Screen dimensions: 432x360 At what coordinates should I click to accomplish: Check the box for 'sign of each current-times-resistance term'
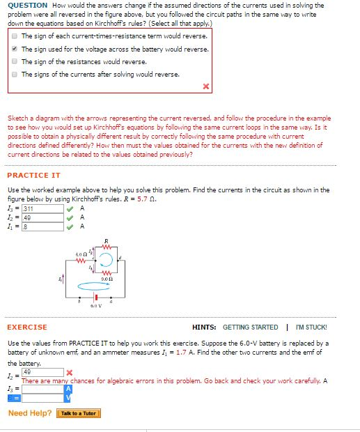tap(14, 36)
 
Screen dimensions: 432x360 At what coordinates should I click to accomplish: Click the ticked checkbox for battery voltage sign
tap(14, 49)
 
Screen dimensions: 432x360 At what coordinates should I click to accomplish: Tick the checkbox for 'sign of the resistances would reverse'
tap(14, 61)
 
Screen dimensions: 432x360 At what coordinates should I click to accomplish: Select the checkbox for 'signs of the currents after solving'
tap(14, 74)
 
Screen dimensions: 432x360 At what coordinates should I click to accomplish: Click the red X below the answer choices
tap(205, 87)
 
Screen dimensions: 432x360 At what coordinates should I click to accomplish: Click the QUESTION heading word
tap(27, 5)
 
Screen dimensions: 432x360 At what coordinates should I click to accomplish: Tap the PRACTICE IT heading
tap(33, 176)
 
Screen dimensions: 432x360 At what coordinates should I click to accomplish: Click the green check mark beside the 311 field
tap(70, 208)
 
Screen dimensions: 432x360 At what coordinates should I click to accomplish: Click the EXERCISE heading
tap(27, 327)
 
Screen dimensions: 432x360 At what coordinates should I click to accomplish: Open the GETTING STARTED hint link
tap(250, 327)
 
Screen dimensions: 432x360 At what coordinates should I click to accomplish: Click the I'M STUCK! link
tap(311, 327)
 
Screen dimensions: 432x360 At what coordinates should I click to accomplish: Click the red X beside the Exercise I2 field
tap(67, 370)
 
